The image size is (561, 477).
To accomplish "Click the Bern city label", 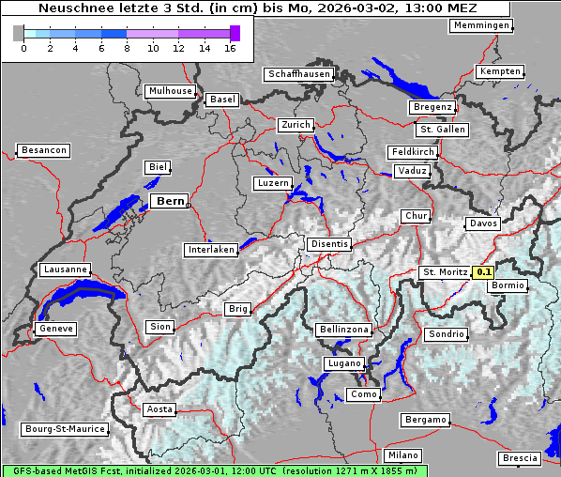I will [x=170, y=201].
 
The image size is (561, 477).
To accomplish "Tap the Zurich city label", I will [x=295, y=125].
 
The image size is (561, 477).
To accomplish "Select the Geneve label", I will [x=54, y=329].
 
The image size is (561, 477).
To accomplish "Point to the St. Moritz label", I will [x=445, y=272].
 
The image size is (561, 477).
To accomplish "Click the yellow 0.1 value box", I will [x=484, y=272].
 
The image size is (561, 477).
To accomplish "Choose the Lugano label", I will [x=344, y=363].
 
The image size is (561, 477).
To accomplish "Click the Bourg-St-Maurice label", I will [x=64, y=429].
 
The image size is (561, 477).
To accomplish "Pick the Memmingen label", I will [x=481, y=25].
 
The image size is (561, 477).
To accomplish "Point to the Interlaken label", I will [x=210, y=250].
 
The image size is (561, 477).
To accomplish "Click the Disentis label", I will [x=329, y=244].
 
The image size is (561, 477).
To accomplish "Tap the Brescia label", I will [x=520, y=458].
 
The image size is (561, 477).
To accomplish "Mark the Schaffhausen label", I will [x=298, y=73].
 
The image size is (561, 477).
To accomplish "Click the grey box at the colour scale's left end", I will [x=19, y=34].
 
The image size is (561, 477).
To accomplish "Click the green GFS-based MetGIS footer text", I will [x=214, y=470].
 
